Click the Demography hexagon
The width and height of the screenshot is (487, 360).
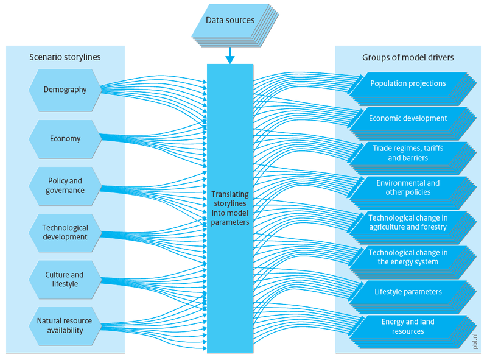(65, 90)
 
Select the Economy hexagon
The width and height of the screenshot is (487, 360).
(65, 139)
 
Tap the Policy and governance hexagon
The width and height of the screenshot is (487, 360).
(65, 186)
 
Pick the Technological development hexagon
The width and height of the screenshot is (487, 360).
(65, 233)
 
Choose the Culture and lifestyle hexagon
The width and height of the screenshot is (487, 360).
(65, 280)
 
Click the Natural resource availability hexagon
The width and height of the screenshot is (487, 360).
(65, 326)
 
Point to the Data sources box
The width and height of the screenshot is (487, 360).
(229, 21)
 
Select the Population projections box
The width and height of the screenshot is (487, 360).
(408, 84)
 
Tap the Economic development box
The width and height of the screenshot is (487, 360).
(408, 119)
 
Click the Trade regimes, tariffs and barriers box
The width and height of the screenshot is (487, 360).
(408, 153)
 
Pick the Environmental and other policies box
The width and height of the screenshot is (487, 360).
(408, 188)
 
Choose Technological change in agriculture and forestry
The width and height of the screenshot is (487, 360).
(408, 222)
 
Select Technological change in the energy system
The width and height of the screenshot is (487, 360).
(408, 257)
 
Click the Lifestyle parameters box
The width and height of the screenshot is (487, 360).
(408, 292)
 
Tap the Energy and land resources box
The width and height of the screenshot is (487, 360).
(408, 326)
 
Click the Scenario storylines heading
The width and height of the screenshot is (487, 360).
(65, 58)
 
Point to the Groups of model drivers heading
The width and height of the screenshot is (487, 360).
(408, 58)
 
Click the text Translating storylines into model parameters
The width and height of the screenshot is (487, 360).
(230, 208)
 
